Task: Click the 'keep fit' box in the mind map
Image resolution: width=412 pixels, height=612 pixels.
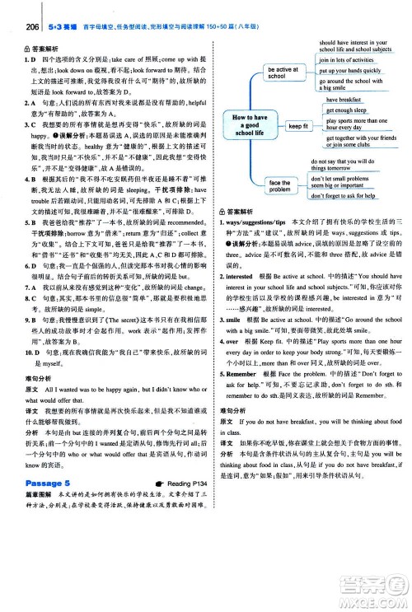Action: click(x=297, y=126)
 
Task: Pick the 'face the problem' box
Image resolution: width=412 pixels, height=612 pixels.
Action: click(x=280, y=186)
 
